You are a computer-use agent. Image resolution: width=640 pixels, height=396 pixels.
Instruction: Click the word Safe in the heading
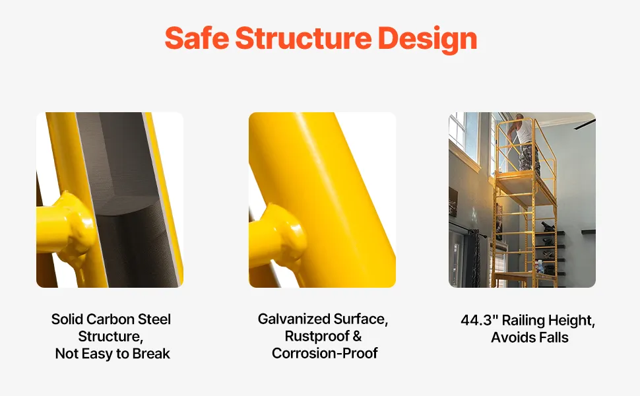[197, 38]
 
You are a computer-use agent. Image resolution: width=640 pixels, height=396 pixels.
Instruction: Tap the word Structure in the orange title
[304, 38]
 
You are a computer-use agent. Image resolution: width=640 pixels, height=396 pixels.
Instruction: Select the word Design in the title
[428, 40]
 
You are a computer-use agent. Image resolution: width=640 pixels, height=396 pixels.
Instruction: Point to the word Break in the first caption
[151, 354]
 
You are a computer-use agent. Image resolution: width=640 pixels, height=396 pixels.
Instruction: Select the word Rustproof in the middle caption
[317, 337]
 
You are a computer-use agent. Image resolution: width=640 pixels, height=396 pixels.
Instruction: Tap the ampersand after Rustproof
[357, 337]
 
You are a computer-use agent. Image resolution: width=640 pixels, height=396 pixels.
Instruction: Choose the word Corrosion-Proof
[325, 354]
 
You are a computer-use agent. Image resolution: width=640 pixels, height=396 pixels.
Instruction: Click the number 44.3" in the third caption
[479, 320]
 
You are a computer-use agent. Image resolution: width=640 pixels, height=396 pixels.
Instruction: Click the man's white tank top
[525, 131]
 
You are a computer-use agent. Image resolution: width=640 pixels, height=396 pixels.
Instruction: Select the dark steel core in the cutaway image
[131, 200]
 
